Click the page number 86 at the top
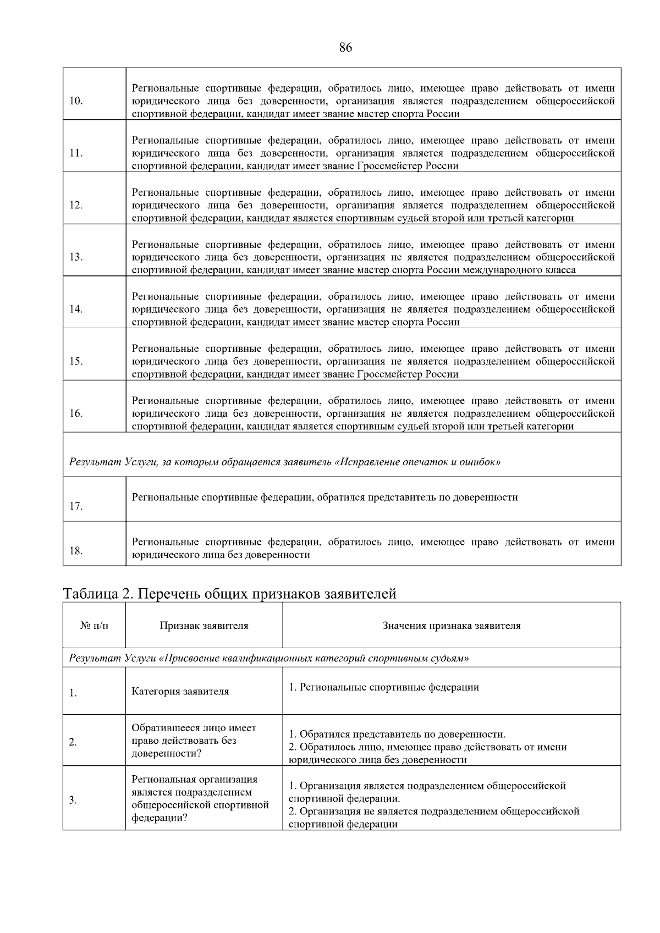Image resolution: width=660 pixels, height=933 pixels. point(345,48)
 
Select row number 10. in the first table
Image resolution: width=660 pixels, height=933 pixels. point(76,101)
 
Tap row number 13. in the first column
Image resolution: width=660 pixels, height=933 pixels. point(76,257)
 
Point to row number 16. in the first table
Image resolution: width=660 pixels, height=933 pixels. point(76,413)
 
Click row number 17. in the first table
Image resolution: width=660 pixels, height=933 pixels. point(76,506)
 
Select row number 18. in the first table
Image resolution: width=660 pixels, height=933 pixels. point(76,550)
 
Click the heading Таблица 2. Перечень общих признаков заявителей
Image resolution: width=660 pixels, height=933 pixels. point(229,594)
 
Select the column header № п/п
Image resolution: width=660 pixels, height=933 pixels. point(94,626)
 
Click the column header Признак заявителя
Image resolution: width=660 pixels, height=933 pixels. point(204,626)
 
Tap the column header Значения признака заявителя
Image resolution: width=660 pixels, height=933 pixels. point(451,626)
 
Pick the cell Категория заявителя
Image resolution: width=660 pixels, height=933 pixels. point(180,691)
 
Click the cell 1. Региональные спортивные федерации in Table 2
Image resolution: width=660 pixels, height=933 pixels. point(384,687)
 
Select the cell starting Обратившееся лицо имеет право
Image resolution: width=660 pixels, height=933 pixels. point(194,741)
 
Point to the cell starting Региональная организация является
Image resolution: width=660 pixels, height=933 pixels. point(200,798)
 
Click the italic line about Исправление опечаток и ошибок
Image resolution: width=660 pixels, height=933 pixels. point(284,462)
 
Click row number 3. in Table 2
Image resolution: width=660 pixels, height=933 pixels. point(73,800)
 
